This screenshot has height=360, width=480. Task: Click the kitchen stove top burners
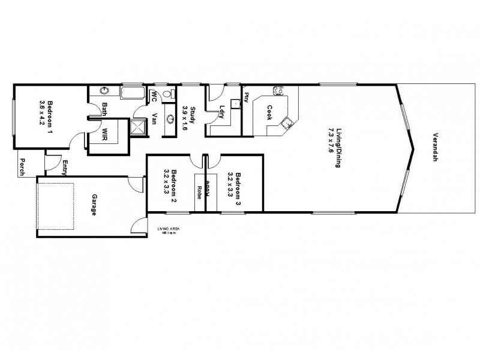[x=278, y=91]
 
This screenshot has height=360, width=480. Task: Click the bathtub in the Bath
[x=131, y=93]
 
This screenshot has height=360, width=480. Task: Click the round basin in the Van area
[x=170, y=119]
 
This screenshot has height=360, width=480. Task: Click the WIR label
[x=105, y=133]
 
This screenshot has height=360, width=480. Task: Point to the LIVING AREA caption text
[x=167, y=230]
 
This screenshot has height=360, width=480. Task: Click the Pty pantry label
[x=246, y=97]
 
